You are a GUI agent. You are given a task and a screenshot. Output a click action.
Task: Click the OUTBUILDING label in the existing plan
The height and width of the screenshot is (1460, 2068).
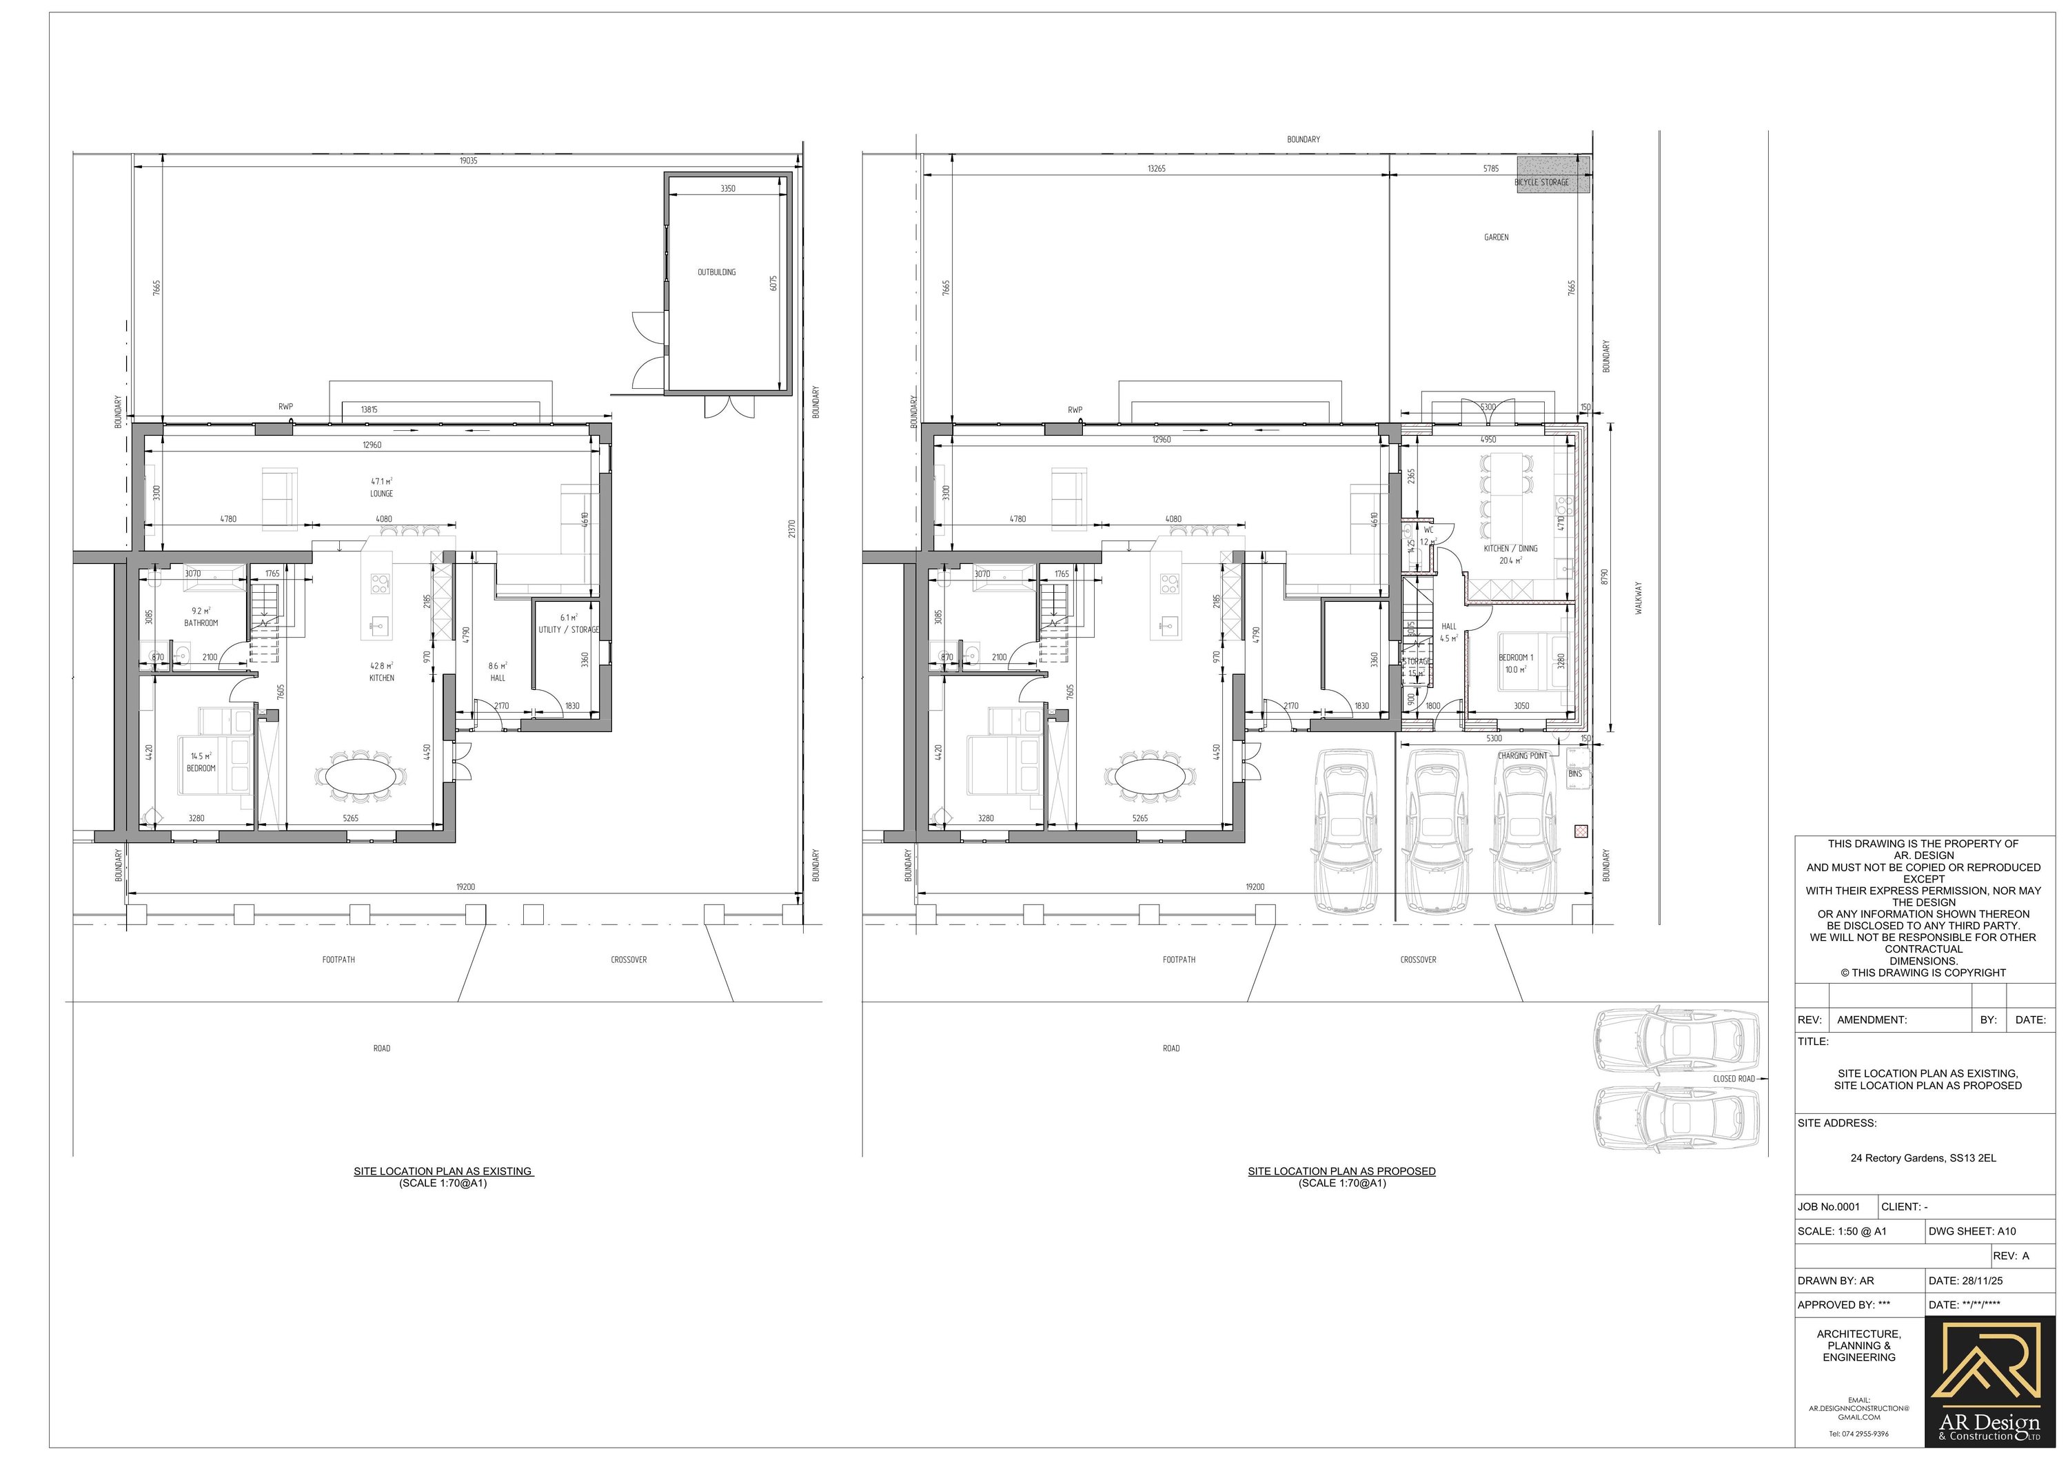click(716, 272)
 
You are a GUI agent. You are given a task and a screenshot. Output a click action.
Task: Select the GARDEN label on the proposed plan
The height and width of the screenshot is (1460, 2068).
click(1496, 238)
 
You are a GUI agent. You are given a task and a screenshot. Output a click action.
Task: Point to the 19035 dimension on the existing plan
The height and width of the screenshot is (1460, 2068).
click(468, 161)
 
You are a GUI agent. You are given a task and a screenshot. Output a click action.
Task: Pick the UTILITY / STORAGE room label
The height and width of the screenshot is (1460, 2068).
click(568, 629)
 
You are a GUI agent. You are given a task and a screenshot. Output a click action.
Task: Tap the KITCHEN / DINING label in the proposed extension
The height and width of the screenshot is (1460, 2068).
click(1510, 549)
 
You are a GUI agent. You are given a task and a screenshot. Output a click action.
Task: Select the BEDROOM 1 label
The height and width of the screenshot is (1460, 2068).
click(1515, 658)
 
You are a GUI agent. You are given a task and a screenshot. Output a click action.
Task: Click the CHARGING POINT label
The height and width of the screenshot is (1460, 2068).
click(1522, 756)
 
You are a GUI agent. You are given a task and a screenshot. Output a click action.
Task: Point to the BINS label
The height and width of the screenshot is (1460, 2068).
click(1574, 773)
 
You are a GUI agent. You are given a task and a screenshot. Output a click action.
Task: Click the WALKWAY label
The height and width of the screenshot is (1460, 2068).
click(1639, 597)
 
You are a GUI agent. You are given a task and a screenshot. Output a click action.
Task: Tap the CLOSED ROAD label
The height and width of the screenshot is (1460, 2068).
click(1733, 1079)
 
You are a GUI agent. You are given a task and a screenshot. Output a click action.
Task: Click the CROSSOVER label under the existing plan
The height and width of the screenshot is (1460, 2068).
click(629, 960)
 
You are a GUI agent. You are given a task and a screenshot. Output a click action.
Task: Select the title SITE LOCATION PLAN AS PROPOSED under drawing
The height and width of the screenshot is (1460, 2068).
click(1341, 1171)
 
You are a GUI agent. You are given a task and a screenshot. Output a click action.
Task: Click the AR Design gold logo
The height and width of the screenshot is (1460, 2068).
click(1989, 1392)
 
